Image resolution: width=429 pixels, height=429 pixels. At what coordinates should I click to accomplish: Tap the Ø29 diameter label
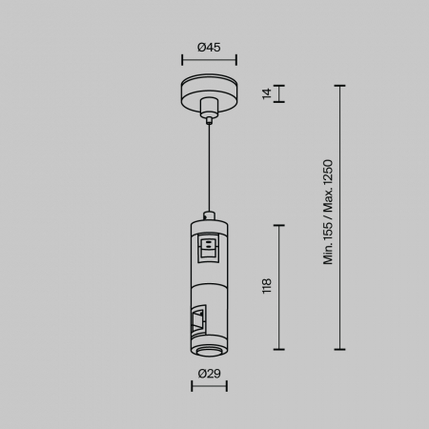[209, 373]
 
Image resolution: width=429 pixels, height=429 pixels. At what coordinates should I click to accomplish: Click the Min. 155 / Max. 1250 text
[329, 213]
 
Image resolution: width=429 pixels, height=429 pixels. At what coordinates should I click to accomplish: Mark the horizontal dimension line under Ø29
[209, 386]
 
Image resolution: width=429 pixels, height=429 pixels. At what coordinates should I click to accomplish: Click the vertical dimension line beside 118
[279, 286]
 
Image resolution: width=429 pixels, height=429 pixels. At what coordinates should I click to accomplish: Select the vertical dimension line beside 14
[279, 93]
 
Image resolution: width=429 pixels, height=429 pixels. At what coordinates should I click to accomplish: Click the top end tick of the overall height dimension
[339, 85]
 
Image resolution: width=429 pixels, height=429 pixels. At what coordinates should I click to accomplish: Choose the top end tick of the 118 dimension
[279, 225]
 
